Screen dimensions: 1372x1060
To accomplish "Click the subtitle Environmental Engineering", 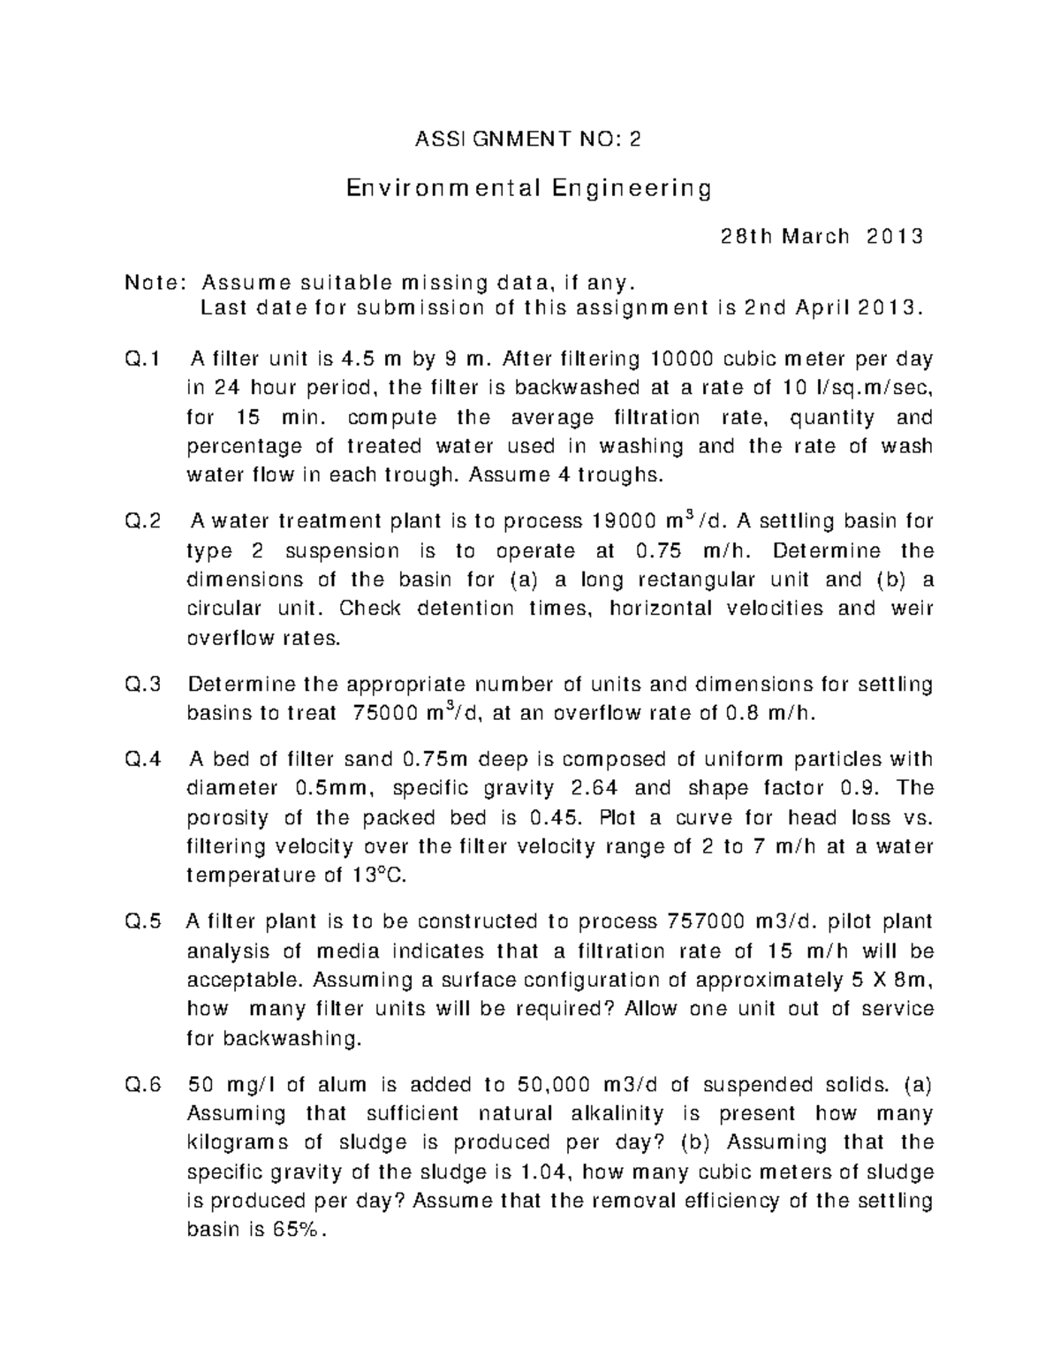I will tap(528, 188).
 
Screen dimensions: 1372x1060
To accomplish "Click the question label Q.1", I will tap(143, 360).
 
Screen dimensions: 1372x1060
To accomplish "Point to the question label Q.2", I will tap(143, 522).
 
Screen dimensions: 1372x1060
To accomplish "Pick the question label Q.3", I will tap(143, 685).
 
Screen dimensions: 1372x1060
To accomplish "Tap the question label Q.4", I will tap(143, 760).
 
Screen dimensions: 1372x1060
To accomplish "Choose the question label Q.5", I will tap(143, 922).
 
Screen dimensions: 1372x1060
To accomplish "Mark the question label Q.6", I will tap(143, 1085).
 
